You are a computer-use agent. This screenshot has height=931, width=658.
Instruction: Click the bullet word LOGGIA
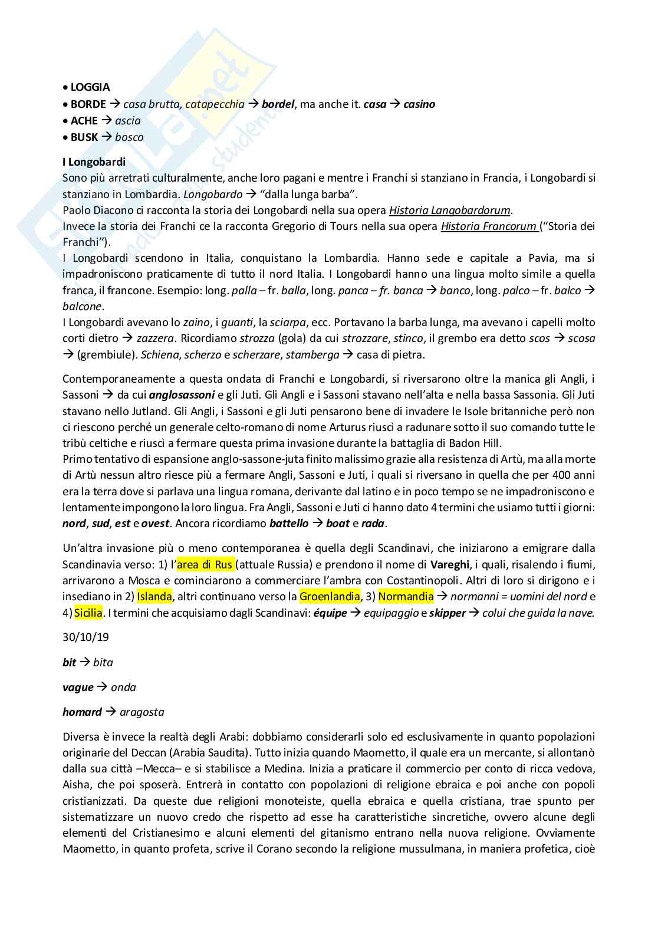[90, 87]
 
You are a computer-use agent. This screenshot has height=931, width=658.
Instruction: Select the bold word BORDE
[88, 104]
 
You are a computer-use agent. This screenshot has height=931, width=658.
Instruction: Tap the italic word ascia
[128, 120]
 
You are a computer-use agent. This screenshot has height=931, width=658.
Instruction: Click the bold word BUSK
[84, 137]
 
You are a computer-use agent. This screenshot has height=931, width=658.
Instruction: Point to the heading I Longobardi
[94, 162]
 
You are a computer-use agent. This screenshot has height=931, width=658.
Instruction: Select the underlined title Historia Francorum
[489, 226]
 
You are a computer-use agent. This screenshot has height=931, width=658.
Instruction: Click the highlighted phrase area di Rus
[205, 564]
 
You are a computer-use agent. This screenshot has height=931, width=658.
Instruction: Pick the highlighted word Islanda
[154, 596]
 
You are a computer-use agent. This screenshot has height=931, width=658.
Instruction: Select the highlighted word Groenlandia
[330, 596]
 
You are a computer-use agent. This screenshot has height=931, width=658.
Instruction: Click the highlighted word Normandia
[406, 596]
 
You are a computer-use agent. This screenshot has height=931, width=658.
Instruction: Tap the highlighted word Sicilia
[88, 612]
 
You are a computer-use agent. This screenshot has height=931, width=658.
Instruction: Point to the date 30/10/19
[85, 637]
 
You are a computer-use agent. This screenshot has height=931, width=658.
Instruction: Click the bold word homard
[82, 712]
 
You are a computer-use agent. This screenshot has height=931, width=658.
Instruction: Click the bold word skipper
[447, 612]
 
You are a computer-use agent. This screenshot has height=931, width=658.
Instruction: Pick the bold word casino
[419, 104]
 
